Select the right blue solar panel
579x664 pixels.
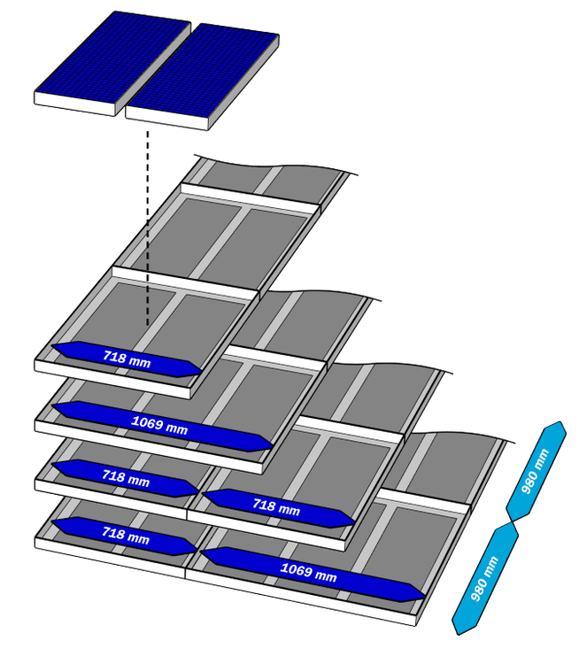204,71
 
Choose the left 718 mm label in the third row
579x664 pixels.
126,477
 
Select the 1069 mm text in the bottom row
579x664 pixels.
308,573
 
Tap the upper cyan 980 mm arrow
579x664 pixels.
536,469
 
